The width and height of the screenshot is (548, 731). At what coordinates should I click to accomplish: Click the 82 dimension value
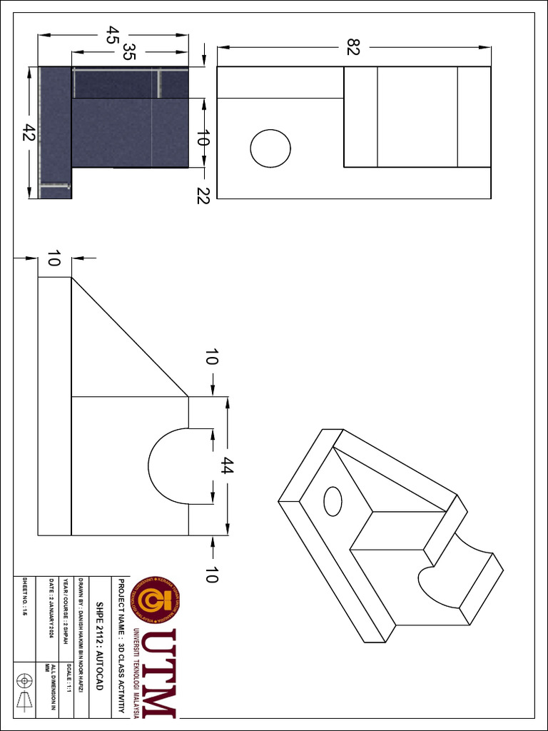point(353,47)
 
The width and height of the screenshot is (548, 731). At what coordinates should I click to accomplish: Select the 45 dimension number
point(111,34)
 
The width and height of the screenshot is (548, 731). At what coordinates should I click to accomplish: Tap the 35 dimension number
point(128,52)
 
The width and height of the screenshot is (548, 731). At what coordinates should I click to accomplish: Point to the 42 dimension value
point(29,133)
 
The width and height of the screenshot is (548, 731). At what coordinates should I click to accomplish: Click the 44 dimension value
point(228,468)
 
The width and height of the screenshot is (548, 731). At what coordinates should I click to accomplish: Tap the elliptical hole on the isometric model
point(333,500)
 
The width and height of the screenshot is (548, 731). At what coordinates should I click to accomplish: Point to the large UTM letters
point(158,672)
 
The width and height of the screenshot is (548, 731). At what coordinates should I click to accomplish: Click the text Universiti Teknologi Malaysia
point(136,672)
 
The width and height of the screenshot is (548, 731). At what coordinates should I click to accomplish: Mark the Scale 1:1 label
point(68,678)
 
